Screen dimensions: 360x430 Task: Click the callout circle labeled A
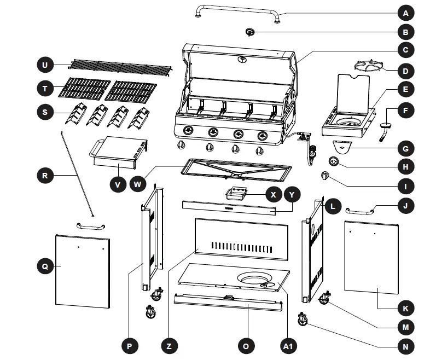coord(405,13)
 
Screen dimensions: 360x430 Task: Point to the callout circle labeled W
coord(138,184)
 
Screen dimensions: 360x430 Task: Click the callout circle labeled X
coord(272,194)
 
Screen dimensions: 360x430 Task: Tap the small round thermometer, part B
coord(250,33)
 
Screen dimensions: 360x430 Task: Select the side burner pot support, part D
coord(369,67)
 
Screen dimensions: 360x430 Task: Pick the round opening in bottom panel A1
coord(256,280)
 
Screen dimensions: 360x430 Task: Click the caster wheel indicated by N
coord(301,318)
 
